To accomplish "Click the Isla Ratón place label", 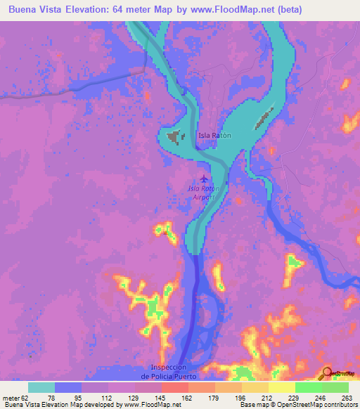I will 214,135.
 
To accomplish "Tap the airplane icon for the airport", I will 205,178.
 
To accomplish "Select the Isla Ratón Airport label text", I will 204,193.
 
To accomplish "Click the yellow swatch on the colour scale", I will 281,387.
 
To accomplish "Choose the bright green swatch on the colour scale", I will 308,387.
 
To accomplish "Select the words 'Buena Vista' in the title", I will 34,10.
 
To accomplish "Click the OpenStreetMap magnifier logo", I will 327,373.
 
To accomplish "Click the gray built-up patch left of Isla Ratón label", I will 174,137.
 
